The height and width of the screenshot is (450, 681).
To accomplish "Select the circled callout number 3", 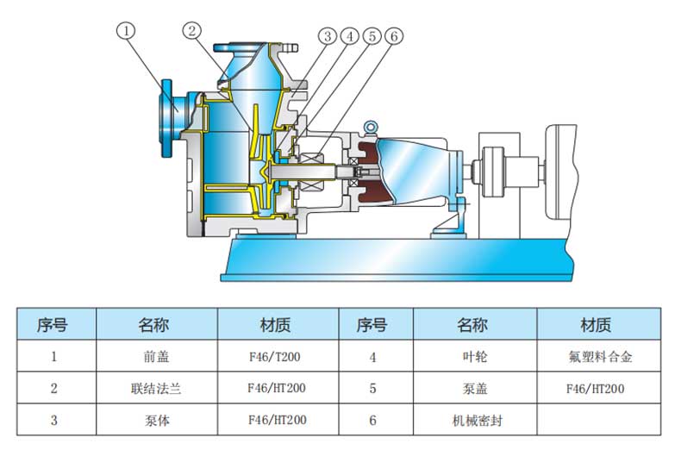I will tap(327, 36).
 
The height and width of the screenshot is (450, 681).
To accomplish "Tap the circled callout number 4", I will tap(349, 36).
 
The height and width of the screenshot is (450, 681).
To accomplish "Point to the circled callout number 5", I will tap(372, 36).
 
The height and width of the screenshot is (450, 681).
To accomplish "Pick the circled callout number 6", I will tap(394, 36).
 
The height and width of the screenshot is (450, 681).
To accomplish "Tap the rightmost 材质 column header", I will tap(596, 324).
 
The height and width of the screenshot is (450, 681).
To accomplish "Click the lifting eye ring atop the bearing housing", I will tap(372, 128).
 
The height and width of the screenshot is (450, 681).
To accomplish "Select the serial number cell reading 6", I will tap(372, 422).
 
